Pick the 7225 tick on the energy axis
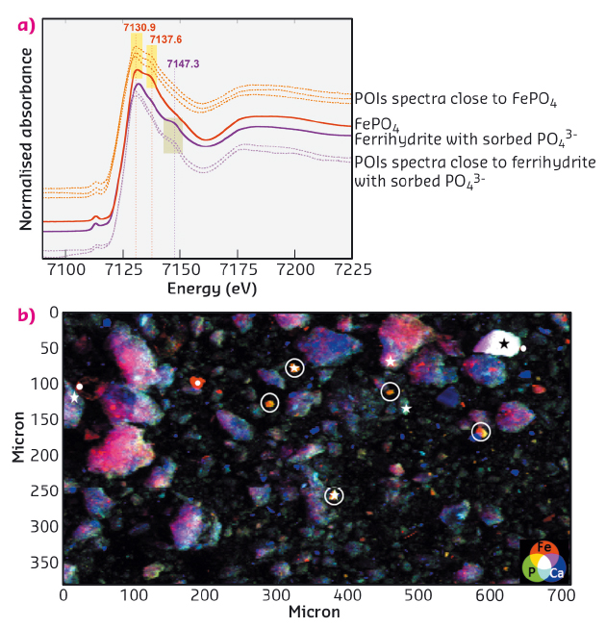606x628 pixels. [x=334, y=272]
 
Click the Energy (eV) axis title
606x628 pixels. [x=212, y=289]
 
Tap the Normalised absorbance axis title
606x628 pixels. [x=27, y=135]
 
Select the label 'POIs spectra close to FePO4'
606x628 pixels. [x=457, y=98]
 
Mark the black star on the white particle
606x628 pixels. [x=503, y=344]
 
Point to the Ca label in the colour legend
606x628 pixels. [x=557, y=573]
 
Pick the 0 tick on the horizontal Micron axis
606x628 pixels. [x=63, y=596]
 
